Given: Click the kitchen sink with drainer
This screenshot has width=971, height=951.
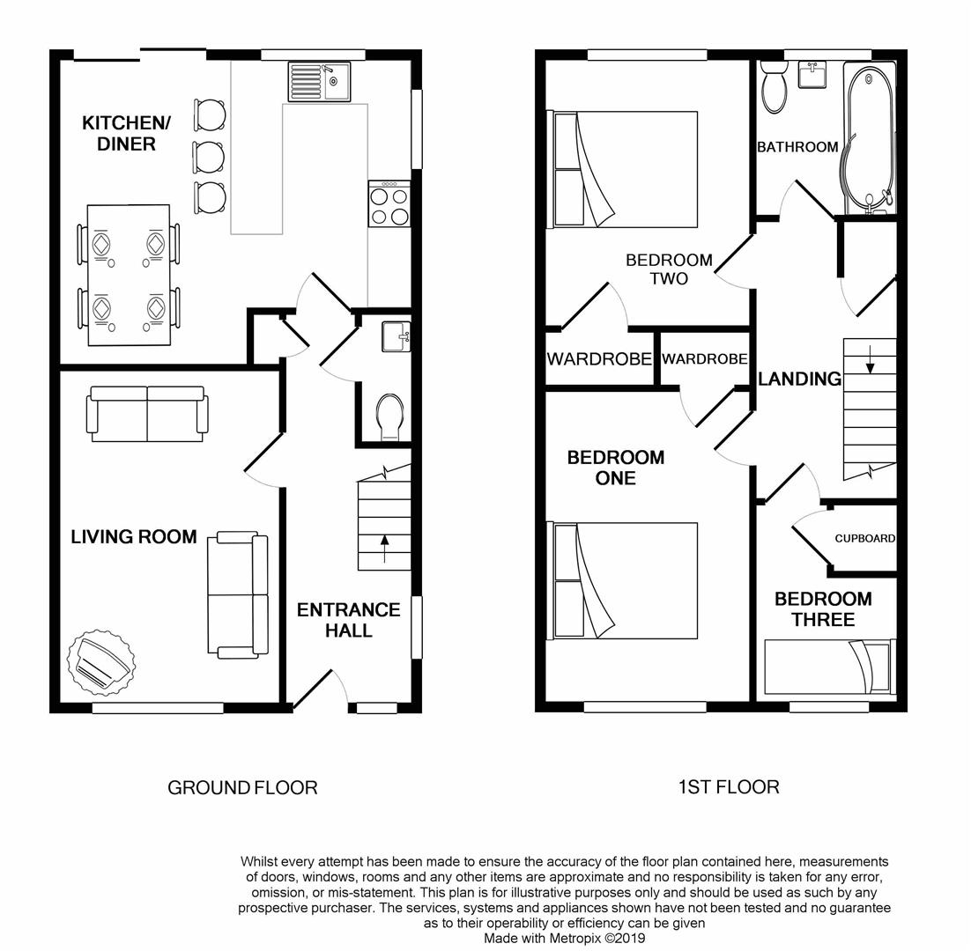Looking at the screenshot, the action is [319, 81].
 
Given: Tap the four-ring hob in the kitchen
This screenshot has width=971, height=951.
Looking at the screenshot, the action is [389, 203].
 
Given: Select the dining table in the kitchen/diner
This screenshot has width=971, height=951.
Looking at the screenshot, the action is [129, 275].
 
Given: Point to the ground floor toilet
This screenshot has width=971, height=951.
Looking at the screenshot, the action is [390, 417].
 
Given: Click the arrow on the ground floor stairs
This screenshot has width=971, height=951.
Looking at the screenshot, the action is [384, 549].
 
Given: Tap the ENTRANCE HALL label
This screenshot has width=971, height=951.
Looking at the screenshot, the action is [348, 620].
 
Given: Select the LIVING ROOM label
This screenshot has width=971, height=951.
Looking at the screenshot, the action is [134, 536].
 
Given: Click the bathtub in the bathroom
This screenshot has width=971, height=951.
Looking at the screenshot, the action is [868, 138].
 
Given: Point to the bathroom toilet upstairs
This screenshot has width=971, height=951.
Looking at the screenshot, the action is [774, 87].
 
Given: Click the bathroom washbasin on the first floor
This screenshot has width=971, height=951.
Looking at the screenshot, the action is [812, 74].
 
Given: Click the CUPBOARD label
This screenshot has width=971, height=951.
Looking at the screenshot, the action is [864, 538].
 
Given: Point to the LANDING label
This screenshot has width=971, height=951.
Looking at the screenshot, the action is [799, 379].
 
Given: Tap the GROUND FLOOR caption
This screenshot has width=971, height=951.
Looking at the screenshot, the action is [243, 787].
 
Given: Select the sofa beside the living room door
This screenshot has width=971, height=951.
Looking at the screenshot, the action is [238, 594].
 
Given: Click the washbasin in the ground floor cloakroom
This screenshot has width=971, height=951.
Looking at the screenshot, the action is [396, 336].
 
